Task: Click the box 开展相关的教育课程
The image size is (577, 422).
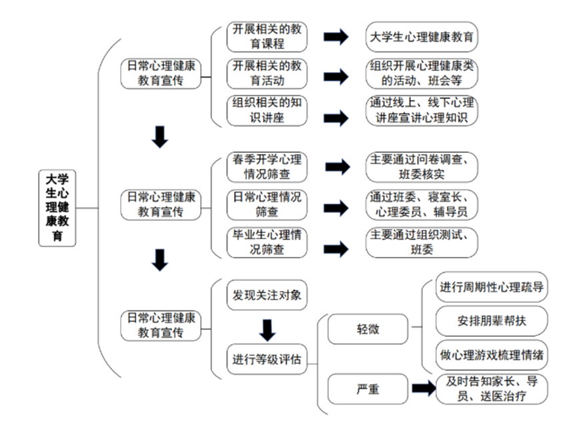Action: point(267,37)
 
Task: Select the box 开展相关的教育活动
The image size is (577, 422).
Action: point(267,73)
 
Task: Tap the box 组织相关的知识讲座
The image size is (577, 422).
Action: point(267,111)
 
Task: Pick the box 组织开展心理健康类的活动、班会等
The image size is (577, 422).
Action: point(422,73)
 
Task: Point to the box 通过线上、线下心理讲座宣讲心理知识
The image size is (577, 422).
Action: point(422,110)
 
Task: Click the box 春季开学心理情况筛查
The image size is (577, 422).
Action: point(267,167)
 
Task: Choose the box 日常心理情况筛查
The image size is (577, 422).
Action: point(267,205)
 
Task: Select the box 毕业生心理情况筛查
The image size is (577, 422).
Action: point(267,242)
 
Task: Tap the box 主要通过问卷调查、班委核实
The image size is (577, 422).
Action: point(422,167)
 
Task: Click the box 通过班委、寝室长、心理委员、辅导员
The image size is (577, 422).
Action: point(422,205)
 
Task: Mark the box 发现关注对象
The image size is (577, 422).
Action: point(267,295)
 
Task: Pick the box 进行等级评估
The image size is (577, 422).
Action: point(267,359)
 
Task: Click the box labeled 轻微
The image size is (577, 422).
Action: point(368,329)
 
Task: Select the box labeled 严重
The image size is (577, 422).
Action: point(368,389)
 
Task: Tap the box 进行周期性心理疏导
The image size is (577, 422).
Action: point(492,287)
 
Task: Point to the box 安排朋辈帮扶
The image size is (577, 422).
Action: point(492,321)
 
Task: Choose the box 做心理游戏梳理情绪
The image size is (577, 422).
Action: point(492,355)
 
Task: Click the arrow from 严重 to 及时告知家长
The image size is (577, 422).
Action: point(424,388)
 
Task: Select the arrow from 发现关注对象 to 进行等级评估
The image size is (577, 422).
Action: point(267,331)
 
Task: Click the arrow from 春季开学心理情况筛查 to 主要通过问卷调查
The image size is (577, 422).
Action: point(338,167)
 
